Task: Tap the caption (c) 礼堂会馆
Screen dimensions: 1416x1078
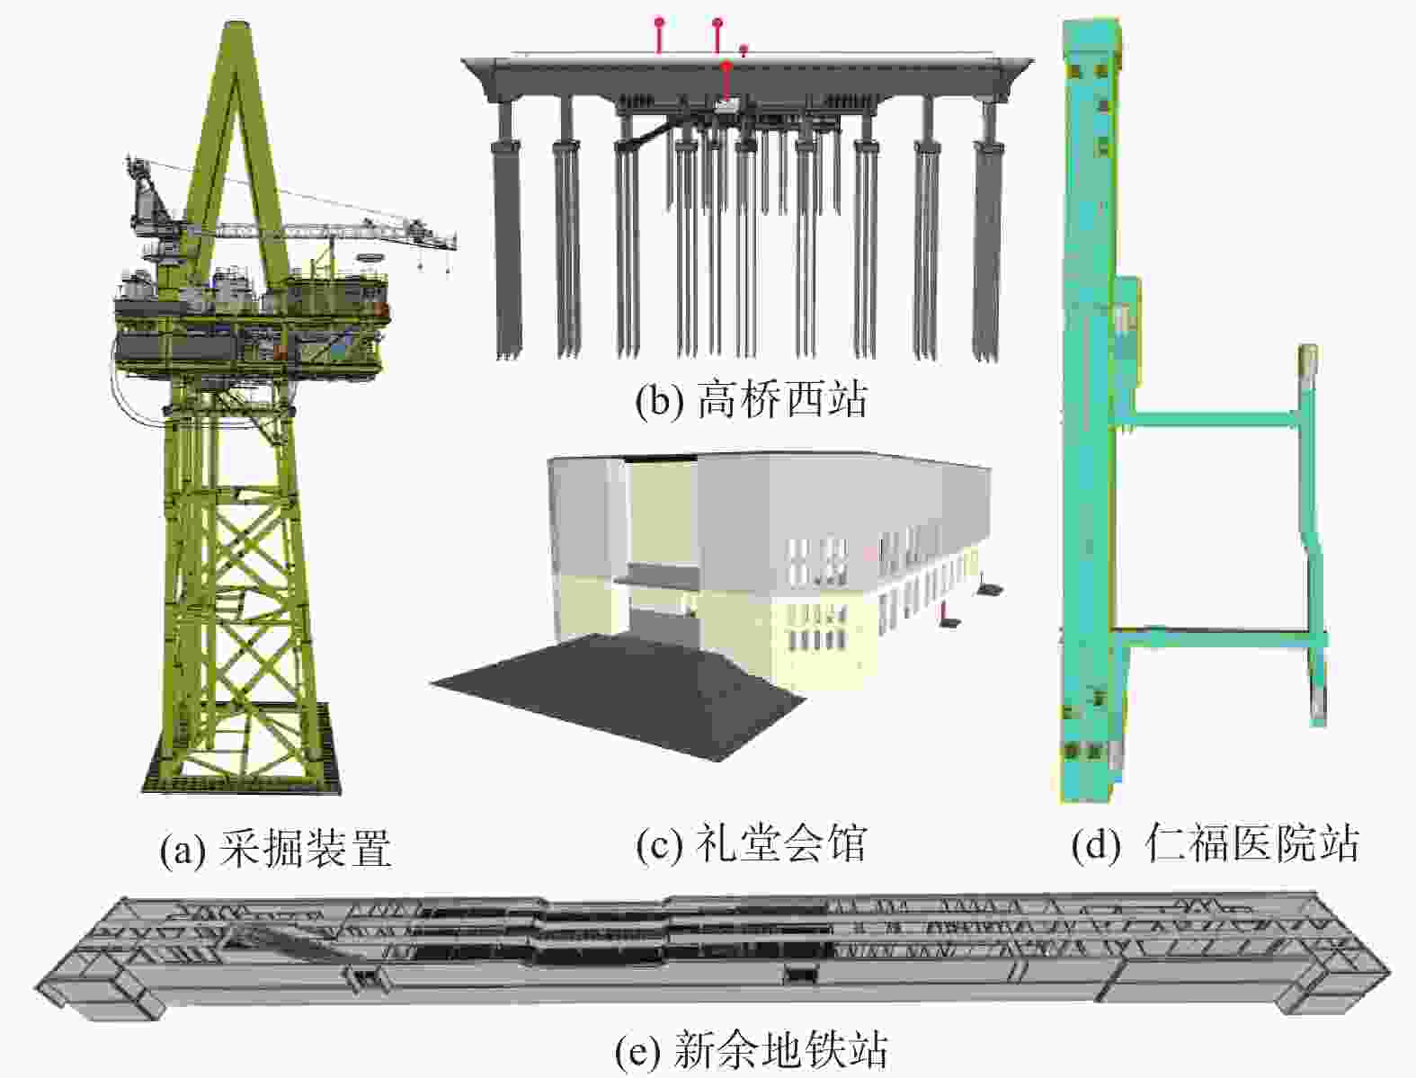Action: point(752,843)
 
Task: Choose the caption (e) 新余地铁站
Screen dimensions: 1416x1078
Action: point(752,1049)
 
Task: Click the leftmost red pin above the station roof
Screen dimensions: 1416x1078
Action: point(659,36)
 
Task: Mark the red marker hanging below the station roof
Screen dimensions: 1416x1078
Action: point(727,81)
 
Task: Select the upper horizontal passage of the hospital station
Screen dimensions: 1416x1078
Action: point(1214,418)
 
